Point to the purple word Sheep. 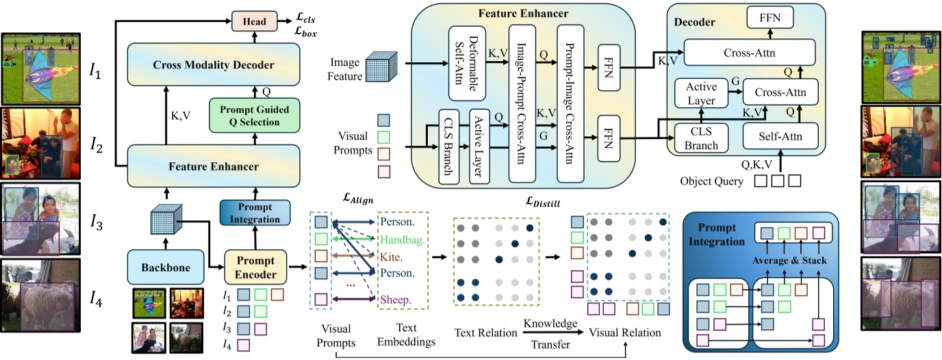click(396, 300)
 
